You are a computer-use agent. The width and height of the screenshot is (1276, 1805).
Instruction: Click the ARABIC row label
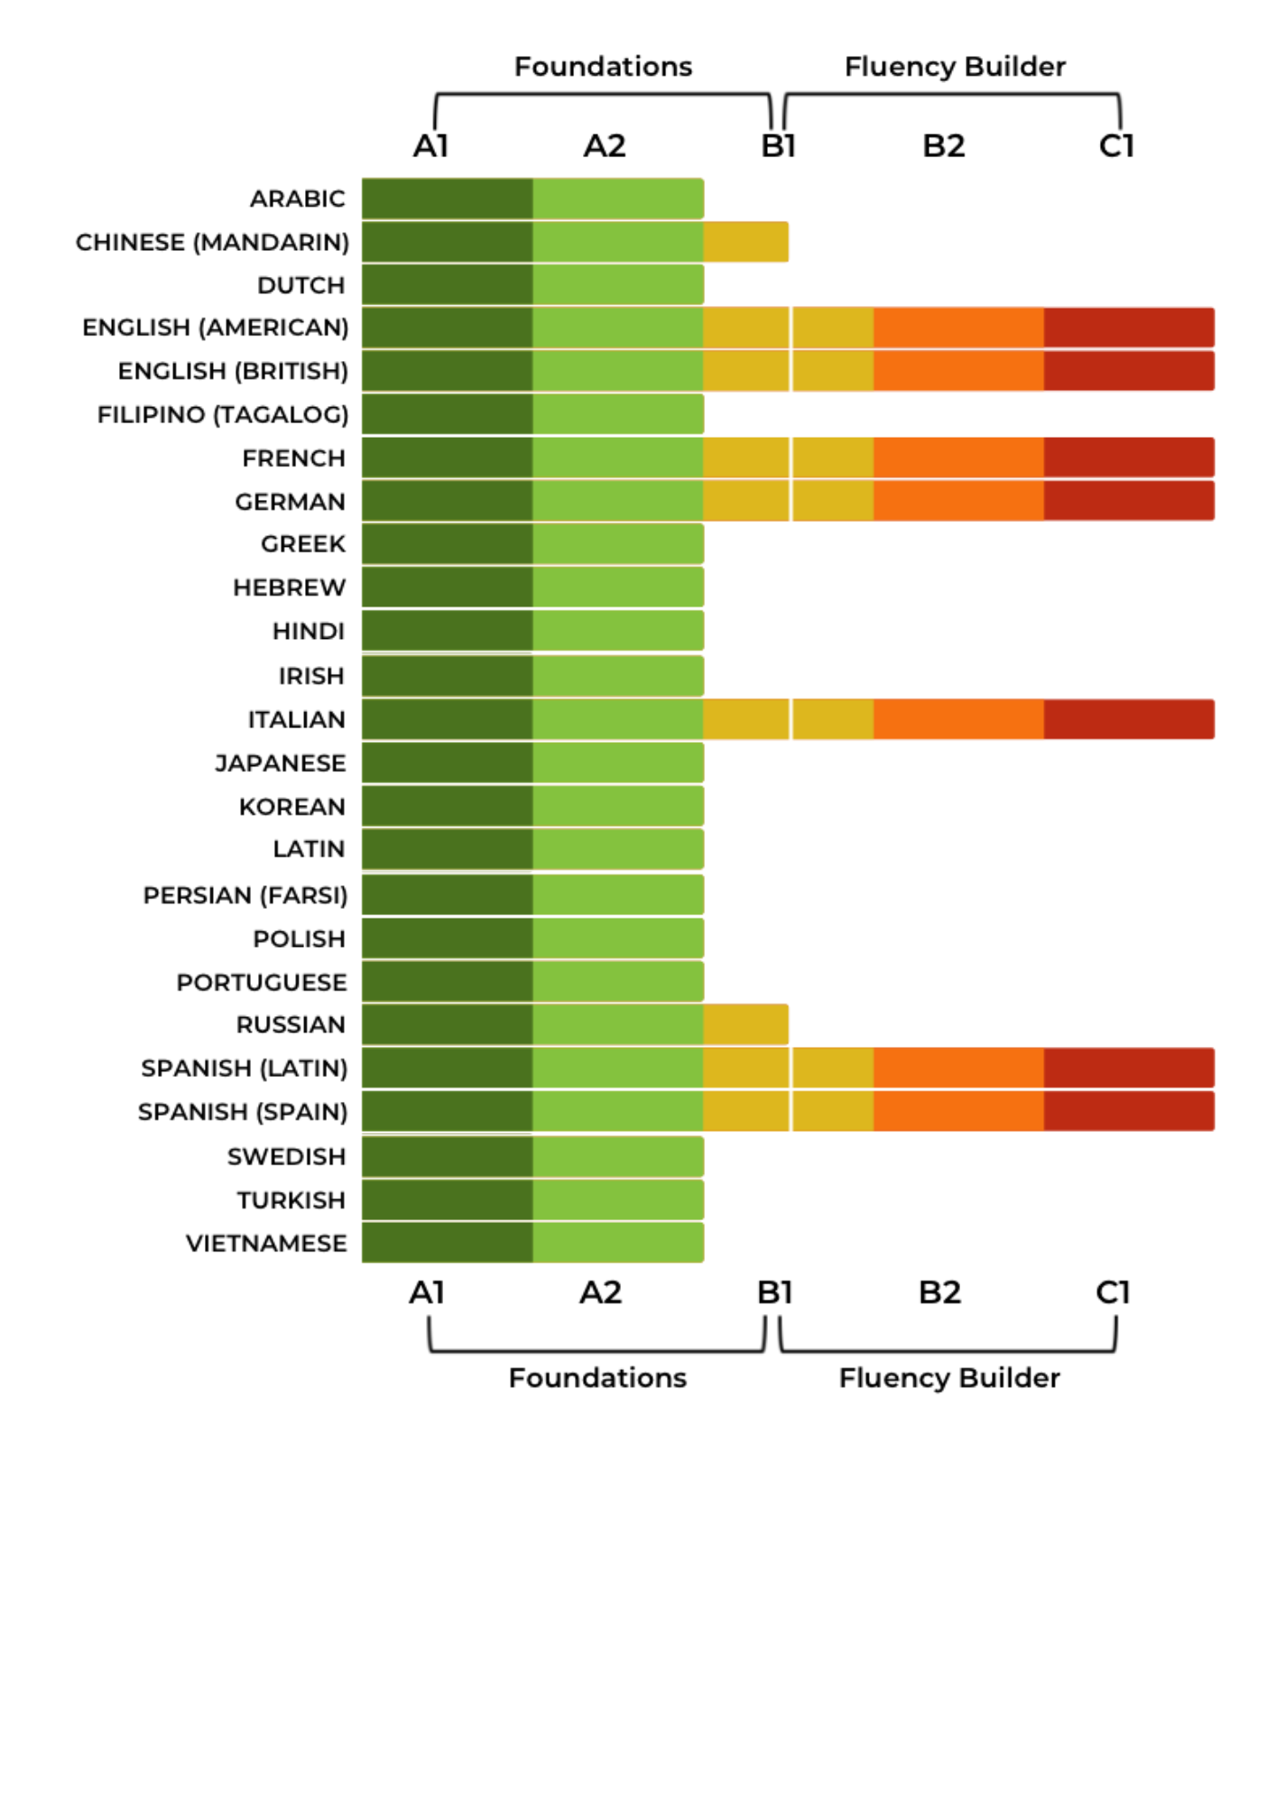297,199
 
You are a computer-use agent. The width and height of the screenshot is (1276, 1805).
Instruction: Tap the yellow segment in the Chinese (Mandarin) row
745,242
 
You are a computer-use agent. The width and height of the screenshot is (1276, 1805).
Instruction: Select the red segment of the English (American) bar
1128,328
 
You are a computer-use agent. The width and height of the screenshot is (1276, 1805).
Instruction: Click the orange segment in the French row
958,458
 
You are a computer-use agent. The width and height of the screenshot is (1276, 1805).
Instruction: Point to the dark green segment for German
447,501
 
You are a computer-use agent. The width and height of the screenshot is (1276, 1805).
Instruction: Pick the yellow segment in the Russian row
745,1024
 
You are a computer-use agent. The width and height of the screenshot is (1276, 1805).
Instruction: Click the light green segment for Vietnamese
617,1243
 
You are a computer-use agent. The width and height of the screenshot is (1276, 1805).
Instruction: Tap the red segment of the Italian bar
1128,719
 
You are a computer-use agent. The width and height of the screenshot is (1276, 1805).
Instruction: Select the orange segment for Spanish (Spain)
958,1111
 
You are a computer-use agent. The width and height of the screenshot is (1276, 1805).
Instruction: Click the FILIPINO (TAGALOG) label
223,414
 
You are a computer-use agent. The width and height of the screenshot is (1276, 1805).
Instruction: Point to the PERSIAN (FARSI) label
245,895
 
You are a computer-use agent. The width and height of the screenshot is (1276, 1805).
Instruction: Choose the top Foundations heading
603,67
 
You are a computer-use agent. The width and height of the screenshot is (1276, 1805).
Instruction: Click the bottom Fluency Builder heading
949,1378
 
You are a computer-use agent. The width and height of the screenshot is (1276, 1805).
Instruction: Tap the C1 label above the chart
1116,146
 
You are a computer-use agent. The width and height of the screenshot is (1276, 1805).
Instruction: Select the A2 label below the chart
600,1293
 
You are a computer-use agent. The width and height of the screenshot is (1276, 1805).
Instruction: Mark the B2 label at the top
943,146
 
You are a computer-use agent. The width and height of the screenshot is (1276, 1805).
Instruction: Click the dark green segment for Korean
447,806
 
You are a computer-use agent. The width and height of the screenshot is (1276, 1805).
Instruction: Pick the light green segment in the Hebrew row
617,588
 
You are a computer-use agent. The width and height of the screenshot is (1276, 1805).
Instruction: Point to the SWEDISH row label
286,1156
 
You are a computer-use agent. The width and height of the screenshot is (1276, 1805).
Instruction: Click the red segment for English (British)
1128,371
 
